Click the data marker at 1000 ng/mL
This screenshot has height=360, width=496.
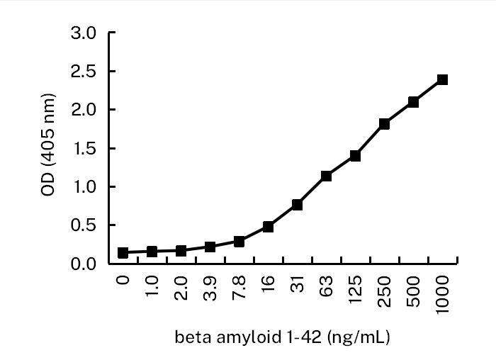pyautogui.click(x=442, y=79)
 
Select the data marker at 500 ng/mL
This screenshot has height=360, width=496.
pyautogui.click(x=413, y=102)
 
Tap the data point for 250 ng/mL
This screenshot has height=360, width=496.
pyautogui.click(x=384, y=123)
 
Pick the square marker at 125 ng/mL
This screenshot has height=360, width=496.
pyautogui.click(x=355, y=156)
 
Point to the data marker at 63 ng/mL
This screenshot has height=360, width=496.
pyautogui.click(x=326, y=176)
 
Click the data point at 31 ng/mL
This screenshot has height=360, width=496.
pyautogui.click(x=297, y=204)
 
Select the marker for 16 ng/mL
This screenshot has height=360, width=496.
pyautogui.click(x=268, y=227)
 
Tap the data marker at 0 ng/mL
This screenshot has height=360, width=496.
pyautogui.click(x=123, y=252)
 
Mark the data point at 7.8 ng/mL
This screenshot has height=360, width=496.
pyautogui.click(x=239, y=242)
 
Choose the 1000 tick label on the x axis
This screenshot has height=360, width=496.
pyautogui.click(x=443, y=292)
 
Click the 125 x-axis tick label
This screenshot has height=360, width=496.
pyautogui.click(x=356, y=288)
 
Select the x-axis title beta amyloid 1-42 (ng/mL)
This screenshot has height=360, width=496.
pyautogui.click(x=282, y=337)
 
